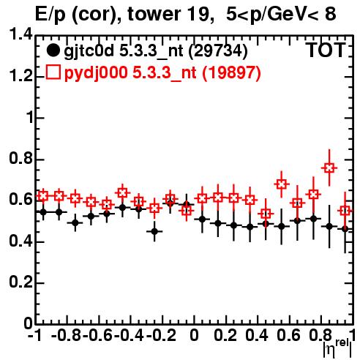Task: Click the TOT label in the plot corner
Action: tap(326, 50)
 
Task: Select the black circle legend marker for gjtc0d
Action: tap(53, 50)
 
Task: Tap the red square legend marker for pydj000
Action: tap(53, 72)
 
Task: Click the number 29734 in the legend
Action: tap(218, 50)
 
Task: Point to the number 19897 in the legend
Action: tap(231, 72)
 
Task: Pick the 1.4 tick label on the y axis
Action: tap(20, 35)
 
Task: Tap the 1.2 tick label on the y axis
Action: tap(20, 76)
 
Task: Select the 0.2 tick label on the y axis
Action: tap(20, 282)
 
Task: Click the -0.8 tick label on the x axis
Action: tap(66, 335)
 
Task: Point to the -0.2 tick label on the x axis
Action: tap(161, 335)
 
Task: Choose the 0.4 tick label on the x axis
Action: tap(257, 335)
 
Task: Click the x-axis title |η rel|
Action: tap(337, 348)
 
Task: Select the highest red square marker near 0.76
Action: tap(329, 168)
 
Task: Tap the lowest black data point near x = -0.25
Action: tap(154, 231)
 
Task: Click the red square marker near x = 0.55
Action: tap(282, 184)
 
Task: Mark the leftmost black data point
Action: tap(43, 212)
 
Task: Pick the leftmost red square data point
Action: tap(43, 195)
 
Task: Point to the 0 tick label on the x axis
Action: tap(194, 335)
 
